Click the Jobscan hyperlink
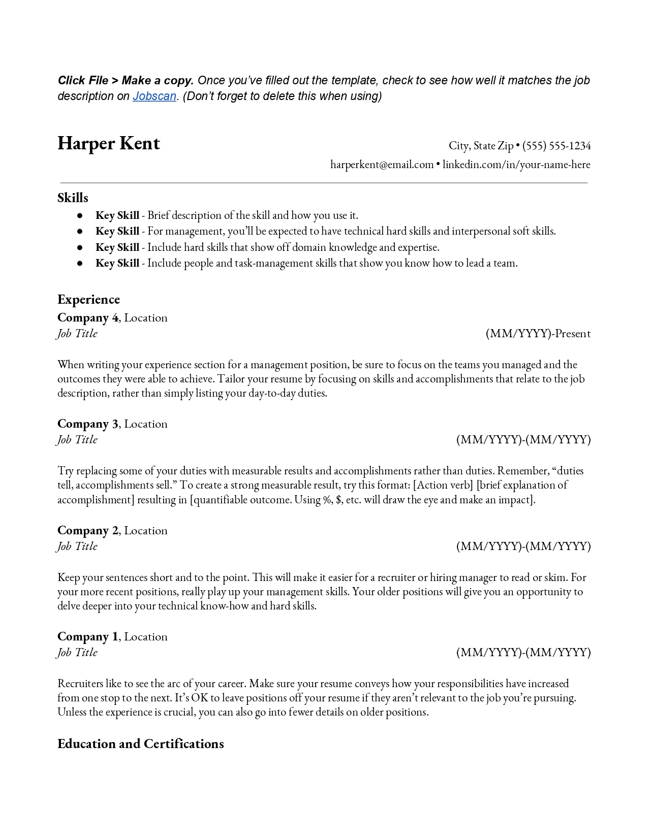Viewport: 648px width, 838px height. [x=155, y=96]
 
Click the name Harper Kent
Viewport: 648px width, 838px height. [x=109, y=144]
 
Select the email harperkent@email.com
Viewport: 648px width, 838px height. [x=382, y=165]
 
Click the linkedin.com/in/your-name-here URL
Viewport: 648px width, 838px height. [x=516, y=165]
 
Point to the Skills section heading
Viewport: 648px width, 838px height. [x=73, y=198]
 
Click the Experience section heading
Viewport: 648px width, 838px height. [x=88, y=300]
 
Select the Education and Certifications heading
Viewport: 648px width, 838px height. [x=141, y=744]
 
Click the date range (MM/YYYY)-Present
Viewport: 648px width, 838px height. [x=538, y=334]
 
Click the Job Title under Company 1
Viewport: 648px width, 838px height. [x=77, y=653]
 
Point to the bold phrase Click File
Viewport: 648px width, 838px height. [x=83, y=80]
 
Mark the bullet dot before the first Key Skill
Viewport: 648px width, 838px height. [x=80, y=215]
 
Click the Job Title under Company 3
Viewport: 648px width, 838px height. [x=77, y=440]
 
